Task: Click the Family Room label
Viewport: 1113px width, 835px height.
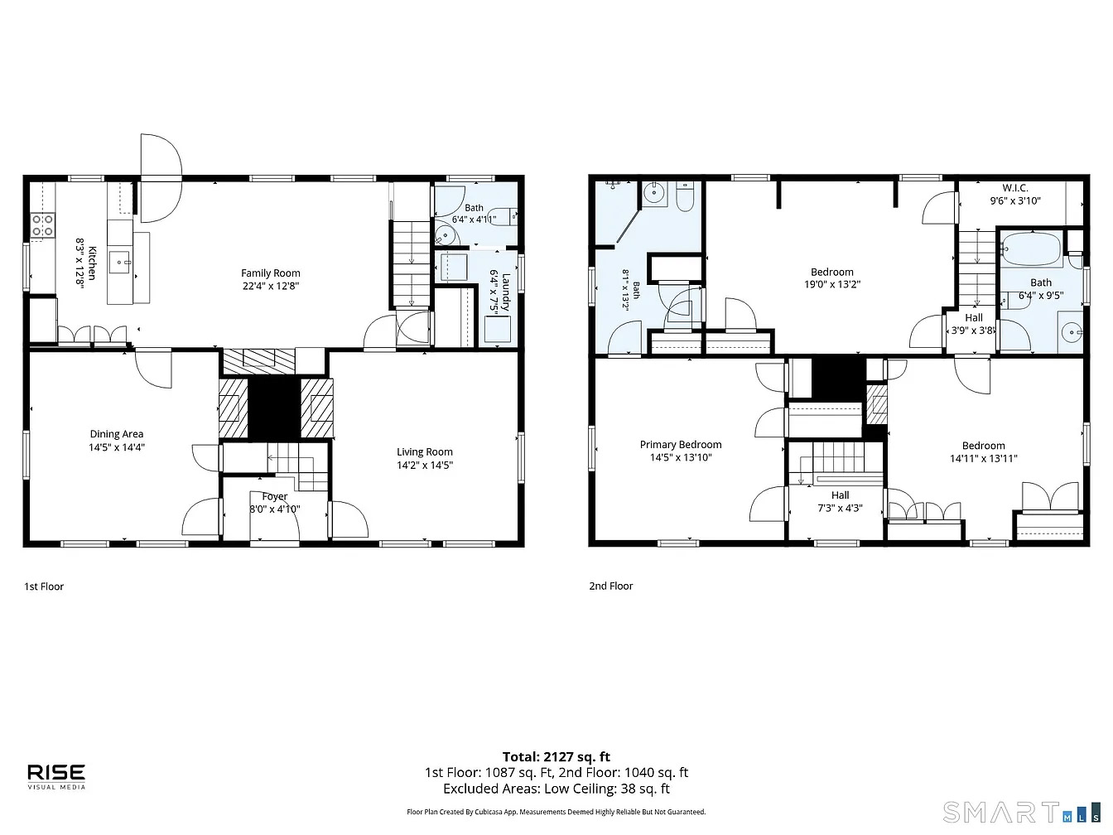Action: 270,273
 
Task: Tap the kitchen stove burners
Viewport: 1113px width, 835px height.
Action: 42,225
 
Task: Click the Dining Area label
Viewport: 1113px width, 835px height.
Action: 117,434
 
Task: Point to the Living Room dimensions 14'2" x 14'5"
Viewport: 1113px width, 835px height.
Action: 424,465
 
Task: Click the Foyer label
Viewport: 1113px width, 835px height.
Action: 274,496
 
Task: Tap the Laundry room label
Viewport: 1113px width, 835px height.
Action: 506,292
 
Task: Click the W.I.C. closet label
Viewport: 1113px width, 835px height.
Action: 1015,187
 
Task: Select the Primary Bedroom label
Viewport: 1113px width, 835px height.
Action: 681,445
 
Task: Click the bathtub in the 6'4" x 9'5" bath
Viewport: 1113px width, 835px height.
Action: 1033,249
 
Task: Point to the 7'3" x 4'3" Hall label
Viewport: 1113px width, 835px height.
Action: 841,495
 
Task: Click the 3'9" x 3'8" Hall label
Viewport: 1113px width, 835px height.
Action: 974,318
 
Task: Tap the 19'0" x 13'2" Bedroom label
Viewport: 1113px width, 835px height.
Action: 832,273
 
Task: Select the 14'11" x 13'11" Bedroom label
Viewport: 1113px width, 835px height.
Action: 983,446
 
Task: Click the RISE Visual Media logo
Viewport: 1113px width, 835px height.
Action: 56,777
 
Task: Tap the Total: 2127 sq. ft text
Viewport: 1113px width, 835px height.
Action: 556,757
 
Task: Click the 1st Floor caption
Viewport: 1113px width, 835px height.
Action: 44,586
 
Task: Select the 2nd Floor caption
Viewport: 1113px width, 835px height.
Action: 611,586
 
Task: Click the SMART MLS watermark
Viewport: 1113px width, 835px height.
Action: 1022,812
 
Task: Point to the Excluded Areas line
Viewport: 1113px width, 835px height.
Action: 556,789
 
